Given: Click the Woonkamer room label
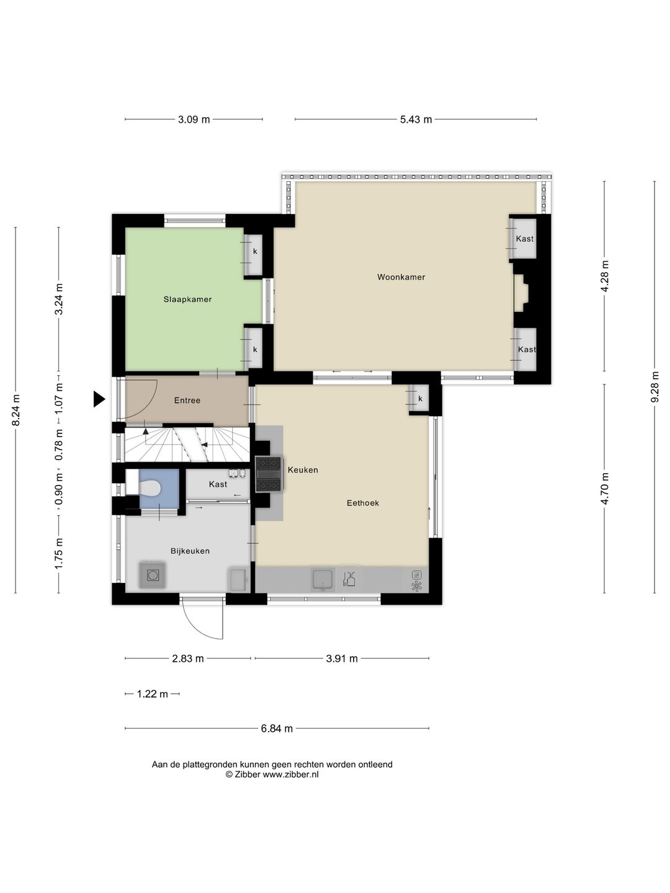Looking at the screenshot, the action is (x=401, y=277).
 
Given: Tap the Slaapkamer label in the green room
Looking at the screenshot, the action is (x=187, y=300).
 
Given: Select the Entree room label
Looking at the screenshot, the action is (x=187, y=401).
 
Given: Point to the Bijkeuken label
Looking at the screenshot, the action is (x=190, y=551).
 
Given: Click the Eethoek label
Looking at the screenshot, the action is (x=362, y=503).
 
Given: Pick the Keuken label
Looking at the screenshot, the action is (x=303, y=470).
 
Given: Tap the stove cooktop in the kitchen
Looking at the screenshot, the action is (x=268, y=474).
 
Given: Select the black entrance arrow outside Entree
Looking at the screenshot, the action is (x=99, y=399).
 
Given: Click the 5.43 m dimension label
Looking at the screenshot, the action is (x=416, y=120).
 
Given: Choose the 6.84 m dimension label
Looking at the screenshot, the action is (x=277, y=728).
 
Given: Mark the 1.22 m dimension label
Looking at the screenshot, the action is (x=152, y=694).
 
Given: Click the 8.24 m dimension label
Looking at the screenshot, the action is (x=16, y=410).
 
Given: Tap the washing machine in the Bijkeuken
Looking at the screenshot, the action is (x=153, y=575).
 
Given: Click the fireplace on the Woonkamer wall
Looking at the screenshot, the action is (x=521, y=293).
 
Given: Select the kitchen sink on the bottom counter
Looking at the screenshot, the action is (x=323, y=579).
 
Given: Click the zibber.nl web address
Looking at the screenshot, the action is (x=290, y=775).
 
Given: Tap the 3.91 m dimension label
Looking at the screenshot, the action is (x=342, y=659).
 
